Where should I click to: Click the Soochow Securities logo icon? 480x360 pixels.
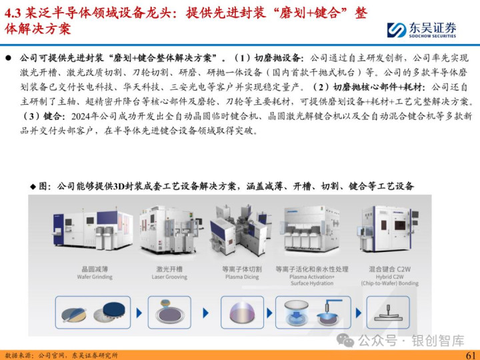397,30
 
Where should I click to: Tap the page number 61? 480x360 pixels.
471,355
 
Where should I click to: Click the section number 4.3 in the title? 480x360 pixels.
12,13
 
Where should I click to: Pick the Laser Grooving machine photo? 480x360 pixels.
170,229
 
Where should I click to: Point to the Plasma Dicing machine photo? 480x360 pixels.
241,230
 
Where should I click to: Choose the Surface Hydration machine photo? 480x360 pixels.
312,229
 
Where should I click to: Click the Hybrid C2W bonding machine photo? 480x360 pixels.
388,229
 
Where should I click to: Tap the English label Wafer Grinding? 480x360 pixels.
95,277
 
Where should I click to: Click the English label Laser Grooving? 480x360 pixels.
169,277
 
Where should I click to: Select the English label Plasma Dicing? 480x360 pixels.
242,277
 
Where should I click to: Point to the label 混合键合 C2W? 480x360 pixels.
389,269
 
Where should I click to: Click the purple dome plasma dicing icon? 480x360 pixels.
242,313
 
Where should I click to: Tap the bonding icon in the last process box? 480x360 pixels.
388,313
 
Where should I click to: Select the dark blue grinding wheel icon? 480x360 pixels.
113,311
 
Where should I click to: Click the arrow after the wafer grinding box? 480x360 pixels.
139,313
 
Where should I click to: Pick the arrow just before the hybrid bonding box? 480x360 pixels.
359,313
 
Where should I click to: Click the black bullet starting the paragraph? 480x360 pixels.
8,58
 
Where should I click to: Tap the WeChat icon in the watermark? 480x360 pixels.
345,340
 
